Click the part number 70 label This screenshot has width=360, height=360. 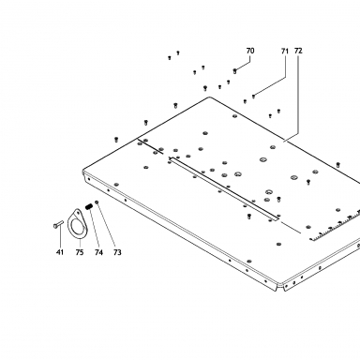tap(250, 51)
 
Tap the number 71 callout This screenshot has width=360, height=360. tap(284, 51)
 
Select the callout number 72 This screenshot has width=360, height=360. tap(298, 51)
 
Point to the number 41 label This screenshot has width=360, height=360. tap(60, 252)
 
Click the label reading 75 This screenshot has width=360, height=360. tap(80, 252)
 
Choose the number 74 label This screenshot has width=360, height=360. tap(98, 252)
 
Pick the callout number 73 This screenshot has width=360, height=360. tap(117, 252)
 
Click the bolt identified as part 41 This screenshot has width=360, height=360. tap(58, 224)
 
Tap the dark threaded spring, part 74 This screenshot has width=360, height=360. tap(89, 206)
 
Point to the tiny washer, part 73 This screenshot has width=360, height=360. tap(97, 202)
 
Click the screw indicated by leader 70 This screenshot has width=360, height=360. tap(234, 71)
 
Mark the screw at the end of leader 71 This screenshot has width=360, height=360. tap(253, 97)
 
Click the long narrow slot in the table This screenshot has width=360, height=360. tap(224, 188)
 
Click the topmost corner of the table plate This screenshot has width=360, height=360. tap(209, 97)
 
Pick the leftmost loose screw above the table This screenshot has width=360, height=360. tap(116, 139)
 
